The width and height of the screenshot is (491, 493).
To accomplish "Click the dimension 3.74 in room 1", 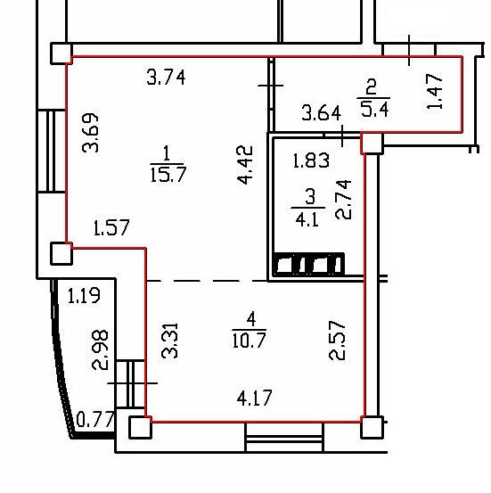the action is (166, 78).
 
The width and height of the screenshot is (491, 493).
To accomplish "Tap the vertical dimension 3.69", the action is (90, 133).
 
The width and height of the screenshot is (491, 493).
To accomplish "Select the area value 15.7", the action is (168, 175).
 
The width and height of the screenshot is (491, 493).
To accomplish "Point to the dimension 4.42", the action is (244, 164).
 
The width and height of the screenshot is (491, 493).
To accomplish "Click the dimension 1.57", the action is (111, 227).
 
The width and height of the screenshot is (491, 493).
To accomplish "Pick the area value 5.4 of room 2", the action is (374, 110).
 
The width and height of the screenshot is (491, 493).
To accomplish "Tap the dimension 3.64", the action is (322, 113).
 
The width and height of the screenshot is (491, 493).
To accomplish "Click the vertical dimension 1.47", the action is (435, 91).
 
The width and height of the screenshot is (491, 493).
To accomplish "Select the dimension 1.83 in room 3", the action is (311, 160).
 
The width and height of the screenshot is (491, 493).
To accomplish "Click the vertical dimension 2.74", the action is (343, 200).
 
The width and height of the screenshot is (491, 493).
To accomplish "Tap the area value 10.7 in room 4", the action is (250, 340).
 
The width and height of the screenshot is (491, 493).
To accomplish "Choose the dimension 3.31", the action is (169, 341).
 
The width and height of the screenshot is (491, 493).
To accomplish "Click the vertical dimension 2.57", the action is (337, 341).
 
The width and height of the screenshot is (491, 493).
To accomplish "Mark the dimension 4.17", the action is (254, 398).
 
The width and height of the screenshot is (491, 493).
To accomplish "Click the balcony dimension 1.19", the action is (84, 296).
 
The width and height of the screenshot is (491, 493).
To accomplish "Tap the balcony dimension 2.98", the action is (100, 349).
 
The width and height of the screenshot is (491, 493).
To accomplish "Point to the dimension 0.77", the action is (95, 419).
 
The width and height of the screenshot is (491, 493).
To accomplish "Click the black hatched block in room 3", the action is (309, 264).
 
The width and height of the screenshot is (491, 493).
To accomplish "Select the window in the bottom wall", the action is (284, 438).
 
